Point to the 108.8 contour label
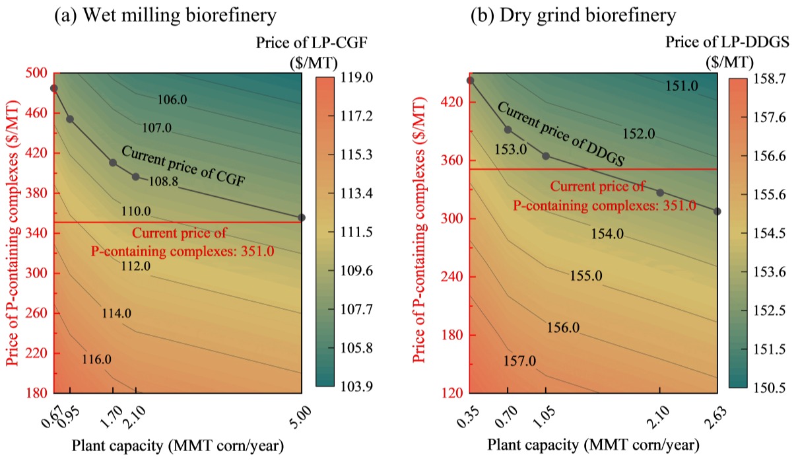163,180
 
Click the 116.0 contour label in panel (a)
96,360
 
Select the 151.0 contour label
681,86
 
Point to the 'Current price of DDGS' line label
560,133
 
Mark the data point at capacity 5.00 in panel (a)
302,217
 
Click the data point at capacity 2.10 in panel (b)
660,192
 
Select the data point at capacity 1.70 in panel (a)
113,162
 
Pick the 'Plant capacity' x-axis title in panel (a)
178,446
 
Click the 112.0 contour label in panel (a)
136,266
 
